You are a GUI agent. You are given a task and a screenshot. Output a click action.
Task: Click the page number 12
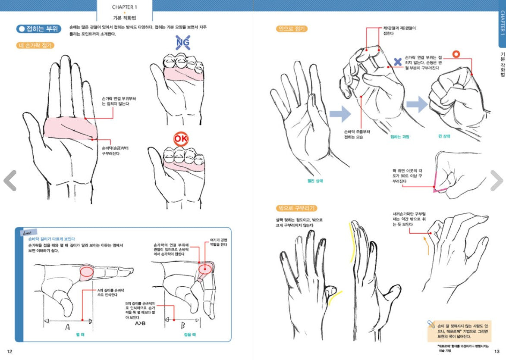(9, 351)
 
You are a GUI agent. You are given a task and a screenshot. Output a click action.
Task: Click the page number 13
(497, 351)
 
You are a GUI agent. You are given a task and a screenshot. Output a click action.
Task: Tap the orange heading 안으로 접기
(292, 29)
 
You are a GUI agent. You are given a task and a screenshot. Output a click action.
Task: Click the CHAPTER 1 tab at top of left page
(125, 7)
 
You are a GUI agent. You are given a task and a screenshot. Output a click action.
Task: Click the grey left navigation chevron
(9, 180)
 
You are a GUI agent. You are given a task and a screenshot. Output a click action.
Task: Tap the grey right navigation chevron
(497, 180)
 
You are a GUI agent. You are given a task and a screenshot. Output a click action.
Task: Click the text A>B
(140, 323)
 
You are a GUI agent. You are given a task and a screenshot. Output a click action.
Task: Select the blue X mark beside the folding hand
(398, 62)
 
